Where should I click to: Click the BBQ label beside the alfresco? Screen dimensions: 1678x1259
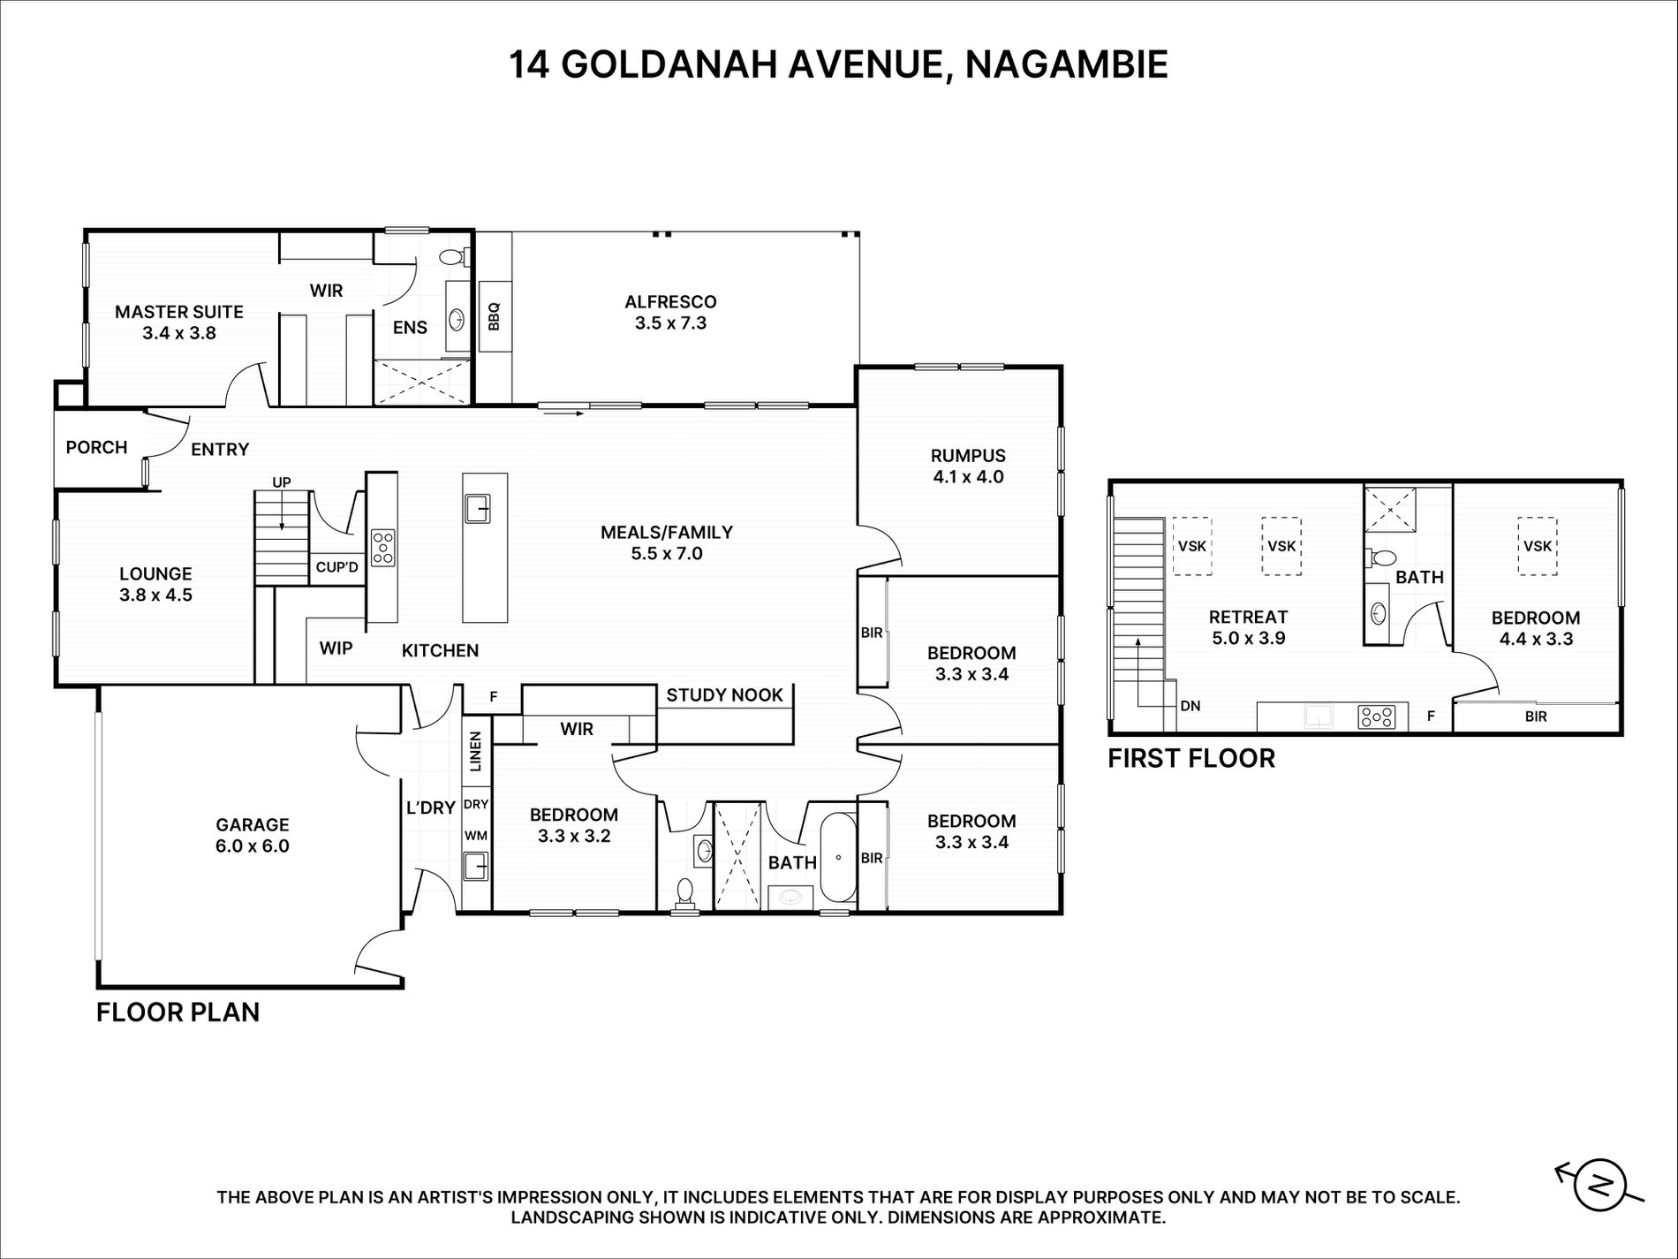[494, 316]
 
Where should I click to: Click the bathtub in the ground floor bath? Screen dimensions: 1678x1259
[838, 857]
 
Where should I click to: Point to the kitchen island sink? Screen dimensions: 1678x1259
[478, 509]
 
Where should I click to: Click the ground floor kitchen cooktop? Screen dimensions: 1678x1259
[382, 548]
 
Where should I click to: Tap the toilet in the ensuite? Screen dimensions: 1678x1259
[454, 257]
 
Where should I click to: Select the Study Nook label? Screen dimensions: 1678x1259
[724, 695]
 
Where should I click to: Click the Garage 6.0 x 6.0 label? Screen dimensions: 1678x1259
[253, 835]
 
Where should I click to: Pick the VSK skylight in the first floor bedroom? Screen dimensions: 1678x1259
[1538, 546]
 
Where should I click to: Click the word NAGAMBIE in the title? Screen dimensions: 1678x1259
[1066, 64]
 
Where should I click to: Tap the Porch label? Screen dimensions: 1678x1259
[97, 447]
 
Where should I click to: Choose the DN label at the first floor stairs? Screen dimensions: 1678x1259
[1190, 706]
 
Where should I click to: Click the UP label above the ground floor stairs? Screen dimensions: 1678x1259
[282, 482]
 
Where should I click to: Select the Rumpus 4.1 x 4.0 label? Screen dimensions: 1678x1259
[968, 466]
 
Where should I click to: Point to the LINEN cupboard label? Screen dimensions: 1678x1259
[476, 751]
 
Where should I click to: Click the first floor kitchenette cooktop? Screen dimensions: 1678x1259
[1377, 717]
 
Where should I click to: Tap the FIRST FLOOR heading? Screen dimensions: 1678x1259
[1191, 758]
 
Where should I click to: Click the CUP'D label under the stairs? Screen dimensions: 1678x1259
[337, 567]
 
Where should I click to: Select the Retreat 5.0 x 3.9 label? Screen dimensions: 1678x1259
[1248, 627]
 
